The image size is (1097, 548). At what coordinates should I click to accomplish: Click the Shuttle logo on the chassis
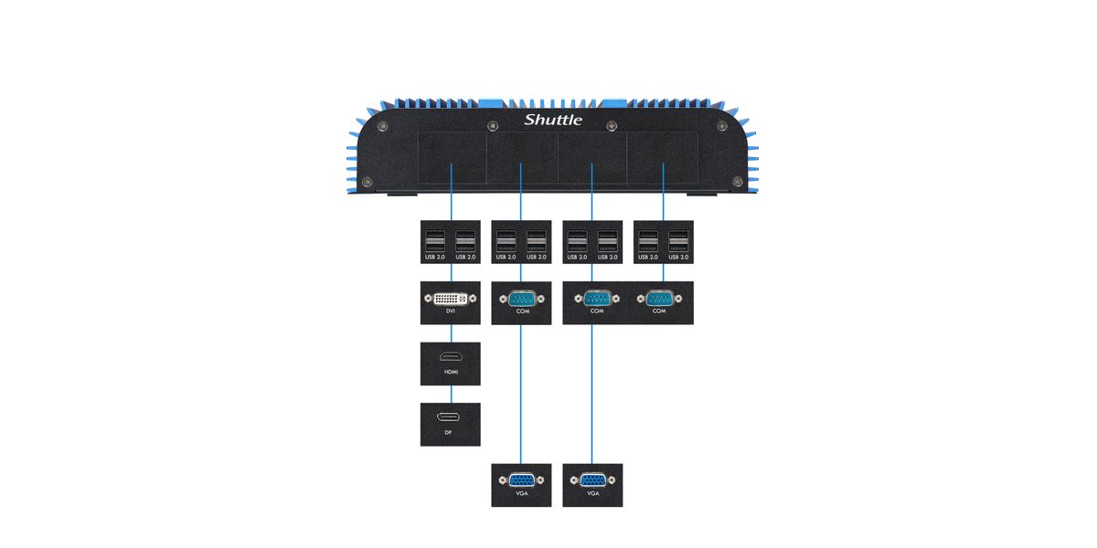553,120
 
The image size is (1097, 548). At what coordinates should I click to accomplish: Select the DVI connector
451,298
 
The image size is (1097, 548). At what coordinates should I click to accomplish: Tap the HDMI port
451,358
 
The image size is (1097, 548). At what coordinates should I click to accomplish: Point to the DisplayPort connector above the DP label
451,418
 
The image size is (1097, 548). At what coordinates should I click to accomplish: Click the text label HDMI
451,373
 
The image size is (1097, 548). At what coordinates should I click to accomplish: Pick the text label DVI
451,311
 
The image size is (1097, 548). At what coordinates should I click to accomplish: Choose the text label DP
449,432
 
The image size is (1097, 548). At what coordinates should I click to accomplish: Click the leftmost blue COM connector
521,298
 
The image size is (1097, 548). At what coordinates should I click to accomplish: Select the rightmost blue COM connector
663,298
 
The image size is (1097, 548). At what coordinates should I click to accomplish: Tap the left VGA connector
521,479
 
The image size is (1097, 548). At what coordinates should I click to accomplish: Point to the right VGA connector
592,479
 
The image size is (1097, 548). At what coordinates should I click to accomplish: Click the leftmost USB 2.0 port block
435,243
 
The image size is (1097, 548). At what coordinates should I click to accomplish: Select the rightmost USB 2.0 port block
678,243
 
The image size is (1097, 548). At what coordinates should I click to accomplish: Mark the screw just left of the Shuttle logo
493,125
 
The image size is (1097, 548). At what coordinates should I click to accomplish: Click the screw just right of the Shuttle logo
612,125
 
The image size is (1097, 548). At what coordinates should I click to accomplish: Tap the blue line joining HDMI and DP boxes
451,394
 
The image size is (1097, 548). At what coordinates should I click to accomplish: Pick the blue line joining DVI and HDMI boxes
451,333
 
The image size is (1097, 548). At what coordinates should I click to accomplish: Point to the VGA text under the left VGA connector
521,494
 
